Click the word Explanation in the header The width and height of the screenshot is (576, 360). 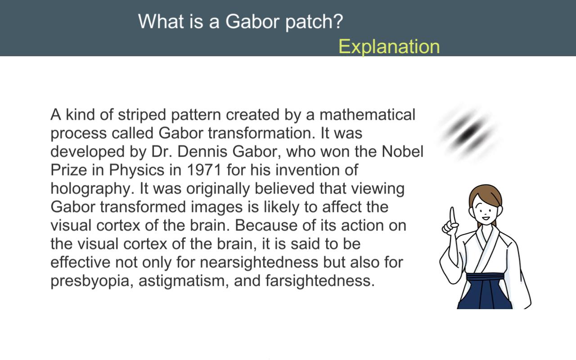(389, 46)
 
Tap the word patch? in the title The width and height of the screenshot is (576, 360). (314, 22)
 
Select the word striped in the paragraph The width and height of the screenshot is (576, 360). (142, 115)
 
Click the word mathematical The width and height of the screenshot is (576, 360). (368, 114)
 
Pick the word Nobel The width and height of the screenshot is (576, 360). (402, 152)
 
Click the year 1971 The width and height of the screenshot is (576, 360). (204, 170)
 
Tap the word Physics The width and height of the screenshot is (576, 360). (136, 171)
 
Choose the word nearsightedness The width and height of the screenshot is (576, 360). (259, 263)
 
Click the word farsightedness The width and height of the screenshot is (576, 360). (320, 281)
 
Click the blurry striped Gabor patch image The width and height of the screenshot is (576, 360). (468, 132)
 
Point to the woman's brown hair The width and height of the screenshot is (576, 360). (485, 193)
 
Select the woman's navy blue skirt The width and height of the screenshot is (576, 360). (485, 292)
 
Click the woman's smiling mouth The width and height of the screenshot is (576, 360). (486, 218)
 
